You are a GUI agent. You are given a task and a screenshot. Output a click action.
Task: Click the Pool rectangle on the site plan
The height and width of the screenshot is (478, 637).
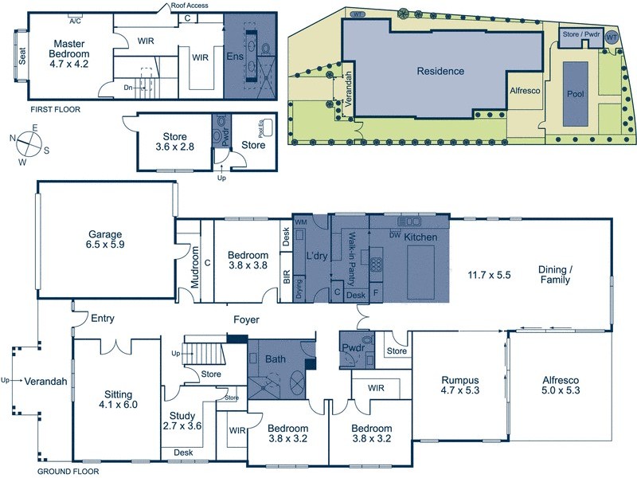[575, 93]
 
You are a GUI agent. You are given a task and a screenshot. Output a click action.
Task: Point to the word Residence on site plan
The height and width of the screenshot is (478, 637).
[440, 71]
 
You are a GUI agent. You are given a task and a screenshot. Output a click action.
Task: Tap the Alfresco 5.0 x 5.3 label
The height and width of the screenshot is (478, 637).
[560, 386]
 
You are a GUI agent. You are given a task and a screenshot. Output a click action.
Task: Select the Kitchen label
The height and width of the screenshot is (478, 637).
[420, 238]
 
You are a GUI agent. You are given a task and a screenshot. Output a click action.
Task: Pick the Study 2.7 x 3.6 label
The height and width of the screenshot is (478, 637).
[182, 421]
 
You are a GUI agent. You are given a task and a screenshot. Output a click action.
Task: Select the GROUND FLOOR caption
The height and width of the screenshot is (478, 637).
[68, 472]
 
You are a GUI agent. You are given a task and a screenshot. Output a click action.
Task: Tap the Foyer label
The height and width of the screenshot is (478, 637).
[246, 320]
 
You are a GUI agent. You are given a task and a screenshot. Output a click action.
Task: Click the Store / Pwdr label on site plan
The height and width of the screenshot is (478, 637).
[581, 34]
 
